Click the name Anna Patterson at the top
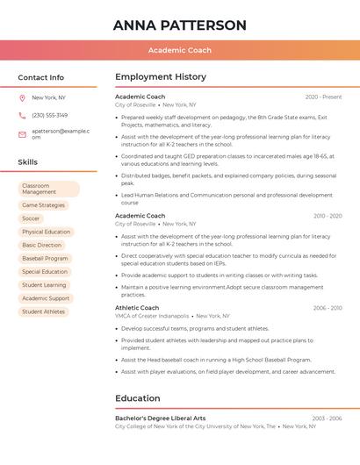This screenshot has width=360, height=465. [x=179, y=25]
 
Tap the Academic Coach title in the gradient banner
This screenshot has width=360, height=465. [x=179, y=50]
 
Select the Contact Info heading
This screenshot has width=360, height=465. [x=41, y=77]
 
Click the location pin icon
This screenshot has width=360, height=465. [x=22, y=98]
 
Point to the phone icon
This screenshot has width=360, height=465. [x=22, y=115]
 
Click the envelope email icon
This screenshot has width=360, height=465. [x=22, y=134]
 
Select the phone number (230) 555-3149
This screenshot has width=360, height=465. [x=49, y=115]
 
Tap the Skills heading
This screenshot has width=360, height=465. [x=28, y=162]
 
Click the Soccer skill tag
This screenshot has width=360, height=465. [x=32, y=218]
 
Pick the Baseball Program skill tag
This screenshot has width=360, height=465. [x=45, y=259]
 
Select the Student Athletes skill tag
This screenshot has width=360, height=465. [x=44, y=311]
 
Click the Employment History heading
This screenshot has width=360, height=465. [x=161, y=77]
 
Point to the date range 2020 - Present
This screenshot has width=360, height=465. [x=323, y=97]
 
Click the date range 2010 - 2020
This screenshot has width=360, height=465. [x=328, y=216]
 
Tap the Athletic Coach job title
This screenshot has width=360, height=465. [x=137, y=308]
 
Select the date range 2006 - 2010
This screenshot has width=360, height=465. [x=328, y=308]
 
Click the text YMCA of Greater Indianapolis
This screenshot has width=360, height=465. [x=152, y=316]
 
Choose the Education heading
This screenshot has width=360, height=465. [x=138, y=398]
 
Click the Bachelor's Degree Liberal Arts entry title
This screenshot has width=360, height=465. [x=160, y=418]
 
